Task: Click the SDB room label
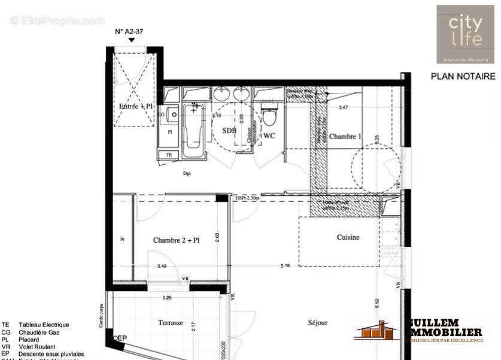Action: [229, 130]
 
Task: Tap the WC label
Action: [269, 136]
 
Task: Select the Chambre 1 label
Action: [345, 137]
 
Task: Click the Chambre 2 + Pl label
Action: [176, 240]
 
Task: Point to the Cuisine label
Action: [348, 237]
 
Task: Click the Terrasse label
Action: [171, 322]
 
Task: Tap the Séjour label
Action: [318, 322]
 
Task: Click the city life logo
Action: [465, 34]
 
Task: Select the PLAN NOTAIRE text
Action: [463, 77]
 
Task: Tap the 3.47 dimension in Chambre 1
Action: [343, 108]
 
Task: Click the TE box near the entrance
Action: [169, 155]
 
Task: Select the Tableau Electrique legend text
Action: [44, 325]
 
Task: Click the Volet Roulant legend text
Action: [38, 346]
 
